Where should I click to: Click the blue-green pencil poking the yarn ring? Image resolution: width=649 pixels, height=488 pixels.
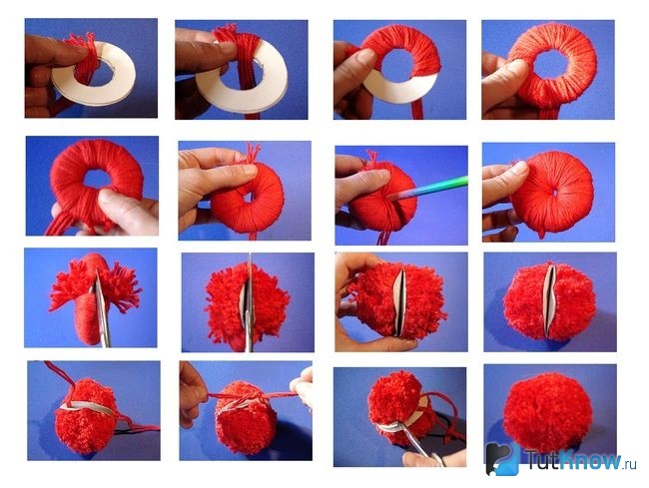pyautogui.click(x=430, y=189)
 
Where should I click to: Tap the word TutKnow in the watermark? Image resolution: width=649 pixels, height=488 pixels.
pyautogui.click(x=574, y=459)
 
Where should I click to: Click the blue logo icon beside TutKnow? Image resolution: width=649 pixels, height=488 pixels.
pyautogui.click(x=502, y=459)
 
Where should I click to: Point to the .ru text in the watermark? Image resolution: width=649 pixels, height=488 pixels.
pyautogui.click(x=630, y=464)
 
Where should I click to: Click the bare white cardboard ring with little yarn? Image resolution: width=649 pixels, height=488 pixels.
pyautogui.click(x=94, y=74)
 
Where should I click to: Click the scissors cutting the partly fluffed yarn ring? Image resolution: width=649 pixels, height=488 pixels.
pyautogui.click(x=101, y=308)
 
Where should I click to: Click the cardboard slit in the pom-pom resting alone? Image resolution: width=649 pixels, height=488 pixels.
pyautogui.click(x=550, y=300)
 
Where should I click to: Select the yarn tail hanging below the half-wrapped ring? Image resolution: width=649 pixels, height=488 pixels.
pyautogui.click(x=418, y=110)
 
